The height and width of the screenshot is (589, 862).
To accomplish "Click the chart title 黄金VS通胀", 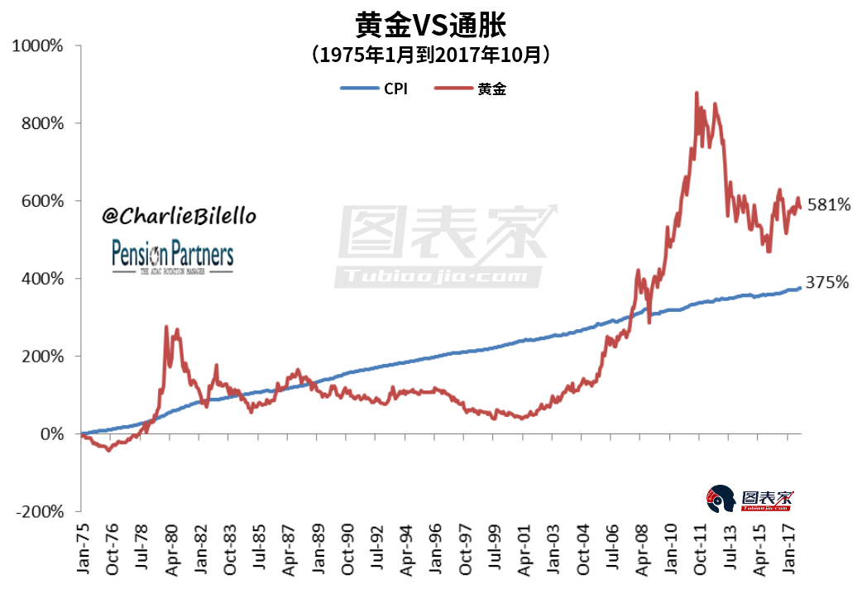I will [x=430, y=24].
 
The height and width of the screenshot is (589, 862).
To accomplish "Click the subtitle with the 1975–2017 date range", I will [x=430, y=55].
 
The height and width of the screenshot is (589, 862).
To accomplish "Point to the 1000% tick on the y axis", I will [x=38, y=45].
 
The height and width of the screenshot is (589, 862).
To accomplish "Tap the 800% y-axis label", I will [x=41, y=123].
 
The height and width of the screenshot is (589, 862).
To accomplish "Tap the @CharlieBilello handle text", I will [x=179, y=216].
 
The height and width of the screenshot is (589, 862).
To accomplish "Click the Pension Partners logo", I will [x=172, y=257].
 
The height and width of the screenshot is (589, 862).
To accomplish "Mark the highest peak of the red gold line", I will [x=697, y=93].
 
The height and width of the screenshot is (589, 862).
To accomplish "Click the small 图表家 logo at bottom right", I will [x=749, y=500].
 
